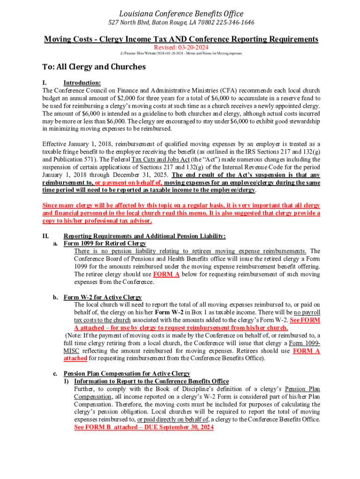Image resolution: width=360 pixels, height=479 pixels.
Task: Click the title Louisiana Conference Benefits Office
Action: tap(180, 14)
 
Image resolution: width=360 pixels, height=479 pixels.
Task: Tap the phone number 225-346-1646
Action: tap(234, 22)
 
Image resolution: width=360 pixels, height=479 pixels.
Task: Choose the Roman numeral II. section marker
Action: tap(46, 236)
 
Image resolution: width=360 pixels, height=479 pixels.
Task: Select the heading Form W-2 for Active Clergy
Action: tap(102, 297)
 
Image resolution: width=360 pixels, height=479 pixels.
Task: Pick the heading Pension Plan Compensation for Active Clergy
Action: tap(127, 373)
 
